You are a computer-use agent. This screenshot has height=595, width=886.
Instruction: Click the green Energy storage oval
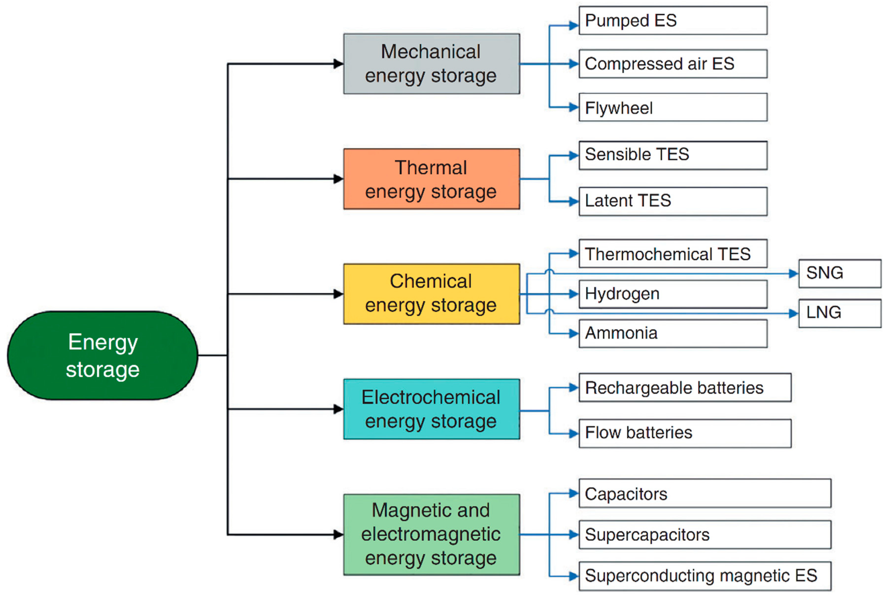(102, 356)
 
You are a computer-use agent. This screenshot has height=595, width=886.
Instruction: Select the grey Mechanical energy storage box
(431, 64)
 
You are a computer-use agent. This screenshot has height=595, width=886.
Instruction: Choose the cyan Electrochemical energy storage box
(431, 409)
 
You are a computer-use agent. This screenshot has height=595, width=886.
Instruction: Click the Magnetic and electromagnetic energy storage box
(431, 534)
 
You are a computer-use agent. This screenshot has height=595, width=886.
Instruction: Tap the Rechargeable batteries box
(685, 388)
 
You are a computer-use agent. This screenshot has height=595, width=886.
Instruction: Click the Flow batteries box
(685, 433)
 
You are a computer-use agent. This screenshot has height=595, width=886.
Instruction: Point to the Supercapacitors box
(704, 535)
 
